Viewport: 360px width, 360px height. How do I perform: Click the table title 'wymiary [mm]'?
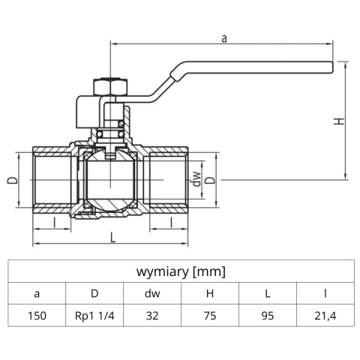181,271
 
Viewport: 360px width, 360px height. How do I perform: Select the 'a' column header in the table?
37,294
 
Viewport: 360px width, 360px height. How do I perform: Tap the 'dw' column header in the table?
152,294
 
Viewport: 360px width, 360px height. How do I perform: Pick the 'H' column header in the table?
210,294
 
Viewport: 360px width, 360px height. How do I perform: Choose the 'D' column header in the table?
94,294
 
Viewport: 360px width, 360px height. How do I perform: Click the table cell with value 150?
37,316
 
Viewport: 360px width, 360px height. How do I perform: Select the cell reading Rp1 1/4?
94,316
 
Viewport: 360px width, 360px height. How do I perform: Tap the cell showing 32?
152,316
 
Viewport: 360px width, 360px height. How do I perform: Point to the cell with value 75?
210,316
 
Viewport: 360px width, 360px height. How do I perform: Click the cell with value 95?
268,316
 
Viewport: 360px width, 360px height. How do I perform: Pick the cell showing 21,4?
325,316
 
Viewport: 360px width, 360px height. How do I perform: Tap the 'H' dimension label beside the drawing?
339,120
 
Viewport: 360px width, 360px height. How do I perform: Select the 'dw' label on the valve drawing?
196,181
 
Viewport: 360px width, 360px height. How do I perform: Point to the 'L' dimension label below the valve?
112,237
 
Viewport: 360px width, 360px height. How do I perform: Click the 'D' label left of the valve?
12,181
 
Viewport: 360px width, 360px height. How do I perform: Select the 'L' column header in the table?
268,294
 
